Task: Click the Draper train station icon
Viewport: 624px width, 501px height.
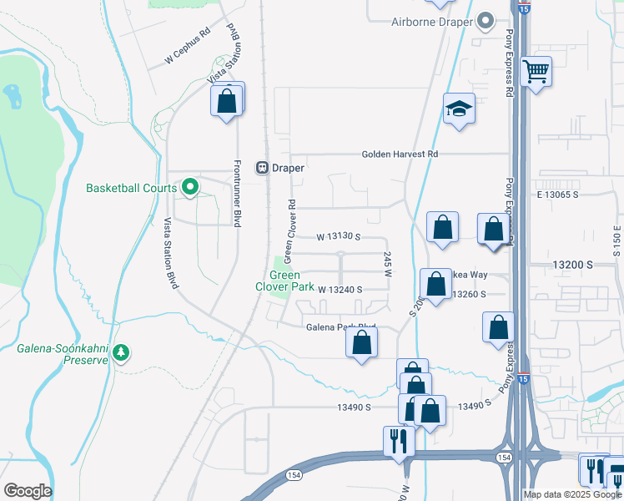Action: pos(262,167)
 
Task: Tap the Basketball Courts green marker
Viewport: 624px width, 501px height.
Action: pos(190,188)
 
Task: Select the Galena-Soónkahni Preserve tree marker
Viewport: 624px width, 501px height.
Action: pos(123,352)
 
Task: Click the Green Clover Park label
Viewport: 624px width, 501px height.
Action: pos(285,281)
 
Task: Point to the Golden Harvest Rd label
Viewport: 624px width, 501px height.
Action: pos(400,154)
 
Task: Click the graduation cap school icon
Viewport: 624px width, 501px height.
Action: pos(459,109)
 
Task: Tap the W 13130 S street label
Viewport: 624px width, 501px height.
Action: pos(338,237)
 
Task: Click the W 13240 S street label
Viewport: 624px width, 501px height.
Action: pos(340,290)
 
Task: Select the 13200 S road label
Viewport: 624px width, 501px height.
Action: pos(572,264)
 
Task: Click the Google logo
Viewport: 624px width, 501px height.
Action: pos(28,491)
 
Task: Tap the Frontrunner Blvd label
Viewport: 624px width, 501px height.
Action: pos(238,194)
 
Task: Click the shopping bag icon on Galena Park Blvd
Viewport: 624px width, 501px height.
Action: pos(361,342)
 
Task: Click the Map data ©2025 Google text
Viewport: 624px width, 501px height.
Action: pos(571,494)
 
